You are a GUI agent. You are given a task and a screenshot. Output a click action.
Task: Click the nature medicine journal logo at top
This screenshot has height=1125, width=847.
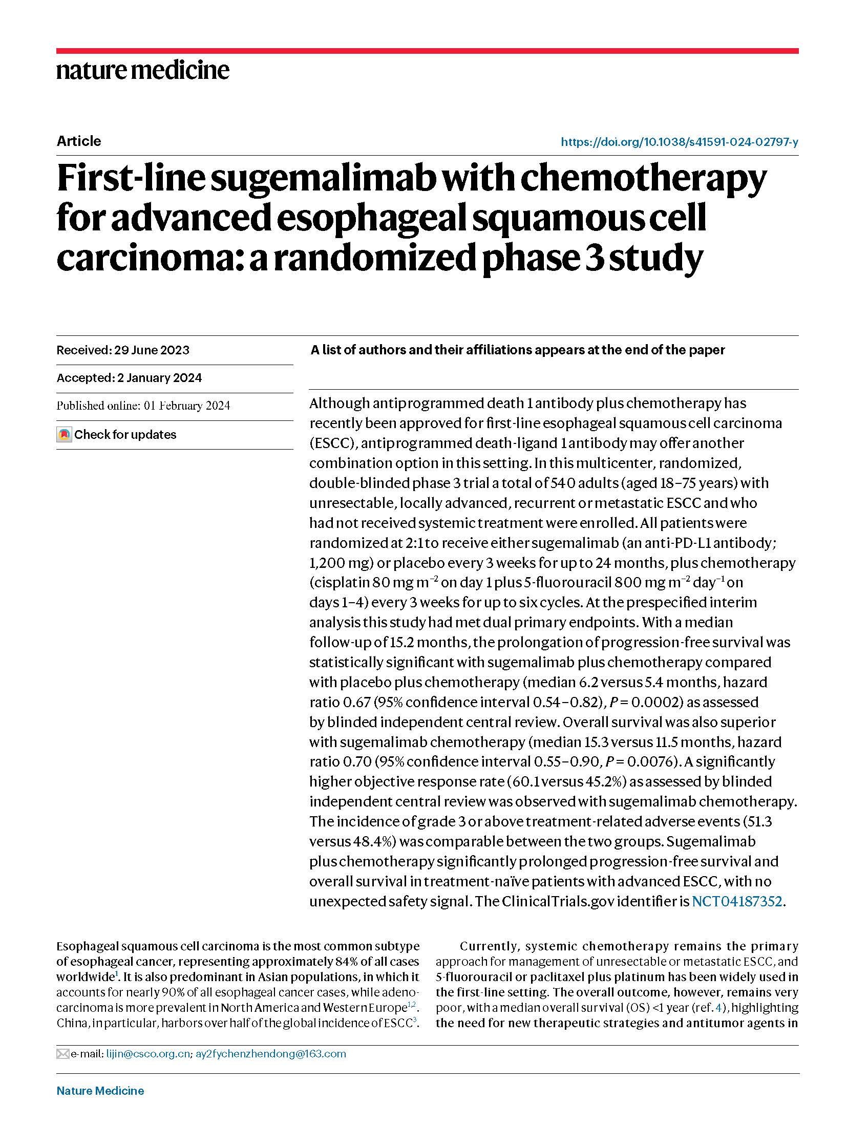(x=142, y=70)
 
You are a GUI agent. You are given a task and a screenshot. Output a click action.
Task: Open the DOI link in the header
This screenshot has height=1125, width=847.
(x=679, y=142)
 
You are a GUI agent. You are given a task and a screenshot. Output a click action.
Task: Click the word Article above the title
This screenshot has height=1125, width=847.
(x=78, y=141)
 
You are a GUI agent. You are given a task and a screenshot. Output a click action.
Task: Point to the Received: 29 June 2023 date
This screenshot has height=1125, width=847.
(x=123, y=350)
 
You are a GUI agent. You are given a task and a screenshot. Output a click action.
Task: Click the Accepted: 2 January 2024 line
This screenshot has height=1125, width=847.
(x=129, y=378)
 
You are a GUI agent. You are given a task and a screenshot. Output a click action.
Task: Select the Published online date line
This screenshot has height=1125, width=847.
(x=143, y=406)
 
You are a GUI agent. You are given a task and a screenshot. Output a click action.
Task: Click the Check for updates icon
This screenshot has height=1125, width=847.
(x=64, y=435)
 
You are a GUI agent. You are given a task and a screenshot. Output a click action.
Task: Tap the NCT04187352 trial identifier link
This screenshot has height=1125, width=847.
(x=736, y=901)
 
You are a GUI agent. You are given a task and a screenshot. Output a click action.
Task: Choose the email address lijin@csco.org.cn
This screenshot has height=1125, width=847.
(x=148, y=1054)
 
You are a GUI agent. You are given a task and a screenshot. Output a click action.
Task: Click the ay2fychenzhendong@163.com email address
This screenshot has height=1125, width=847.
(x=271, y=1054)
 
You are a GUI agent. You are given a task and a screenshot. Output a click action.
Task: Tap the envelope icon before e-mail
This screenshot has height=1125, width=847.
(x=62, y=1054)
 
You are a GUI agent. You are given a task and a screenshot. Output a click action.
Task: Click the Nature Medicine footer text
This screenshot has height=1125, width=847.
(x=100, y=1091)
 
